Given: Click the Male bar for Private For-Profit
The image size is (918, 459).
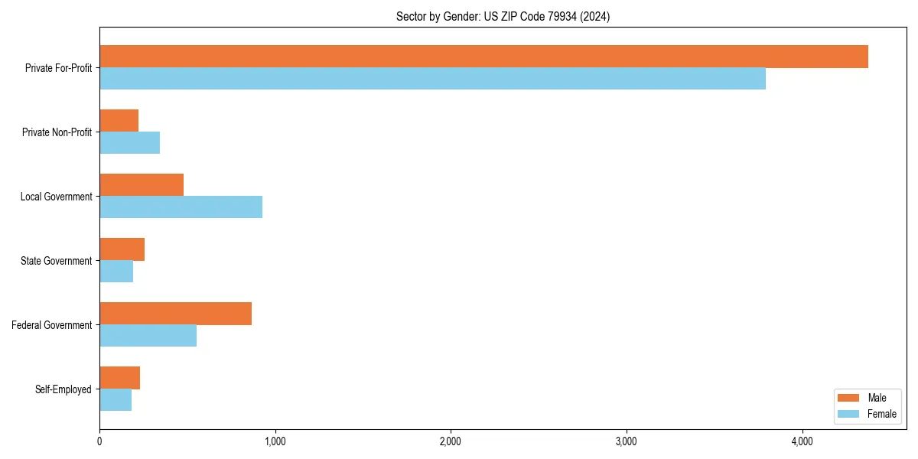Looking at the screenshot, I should point(483,57).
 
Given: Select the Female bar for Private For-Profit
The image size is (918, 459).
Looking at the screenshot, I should point(432,79).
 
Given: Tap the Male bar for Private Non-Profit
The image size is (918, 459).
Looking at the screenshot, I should point(119,121).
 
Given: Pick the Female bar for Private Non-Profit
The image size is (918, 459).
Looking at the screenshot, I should point(129,143).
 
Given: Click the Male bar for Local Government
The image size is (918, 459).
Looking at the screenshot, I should point(142,185).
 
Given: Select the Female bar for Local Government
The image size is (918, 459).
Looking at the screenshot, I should point(181,207).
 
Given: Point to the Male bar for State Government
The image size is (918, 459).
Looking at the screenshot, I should point(122,249).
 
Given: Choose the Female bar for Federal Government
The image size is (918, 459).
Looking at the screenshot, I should point(148,336).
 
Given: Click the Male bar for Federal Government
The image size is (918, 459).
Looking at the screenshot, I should point(175,314).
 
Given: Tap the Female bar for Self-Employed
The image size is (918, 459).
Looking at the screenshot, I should point(116,400).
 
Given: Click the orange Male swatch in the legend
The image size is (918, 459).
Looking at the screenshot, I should point(849,398).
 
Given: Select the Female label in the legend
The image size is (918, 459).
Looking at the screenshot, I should point(881,414).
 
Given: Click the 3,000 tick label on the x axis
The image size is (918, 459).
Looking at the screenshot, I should point(626,441).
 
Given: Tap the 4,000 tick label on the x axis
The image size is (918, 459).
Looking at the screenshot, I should point(802,441).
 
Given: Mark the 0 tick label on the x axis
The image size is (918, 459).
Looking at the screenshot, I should point(99,441).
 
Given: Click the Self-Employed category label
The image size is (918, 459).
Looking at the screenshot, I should point(63,389).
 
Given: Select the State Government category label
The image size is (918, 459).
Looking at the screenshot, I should point(56,261).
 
